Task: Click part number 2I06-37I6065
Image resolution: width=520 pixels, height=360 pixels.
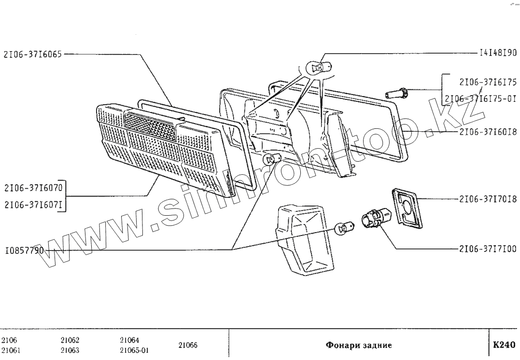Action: tap(32, 55)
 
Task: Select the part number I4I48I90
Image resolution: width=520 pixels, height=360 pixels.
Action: tap(497, 53)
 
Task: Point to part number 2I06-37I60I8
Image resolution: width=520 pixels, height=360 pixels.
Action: tap(488, 131)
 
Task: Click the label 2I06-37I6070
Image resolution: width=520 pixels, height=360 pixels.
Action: tap(32, 187)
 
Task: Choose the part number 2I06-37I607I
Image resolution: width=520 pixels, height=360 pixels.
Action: tap(32, 204)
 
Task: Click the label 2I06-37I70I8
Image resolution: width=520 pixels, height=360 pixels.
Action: tap(488, 199)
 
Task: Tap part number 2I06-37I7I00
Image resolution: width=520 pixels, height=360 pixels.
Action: tap(488, 249)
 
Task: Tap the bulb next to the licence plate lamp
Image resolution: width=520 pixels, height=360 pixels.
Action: tap(344, 225)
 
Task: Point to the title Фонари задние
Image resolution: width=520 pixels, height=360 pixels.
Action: tap(359, 345)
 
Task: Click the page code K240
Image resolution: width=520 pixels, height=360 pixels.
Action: tap(504, 345)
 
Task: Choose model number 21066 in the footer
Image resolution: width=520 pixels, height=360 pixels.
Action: tap(188, 345)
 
